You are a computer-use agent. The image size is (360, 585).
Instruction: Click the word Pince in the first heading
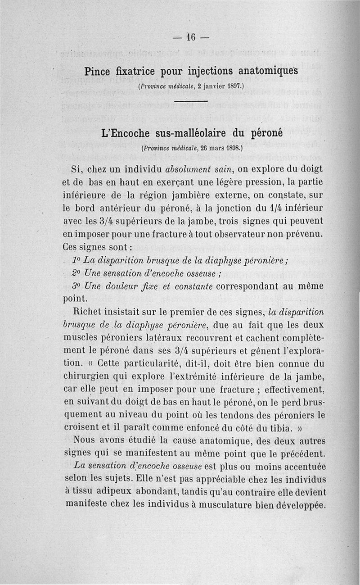point(98,71)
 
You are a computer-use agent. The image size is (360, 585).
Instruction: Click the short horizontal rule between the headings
point(190,101)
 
